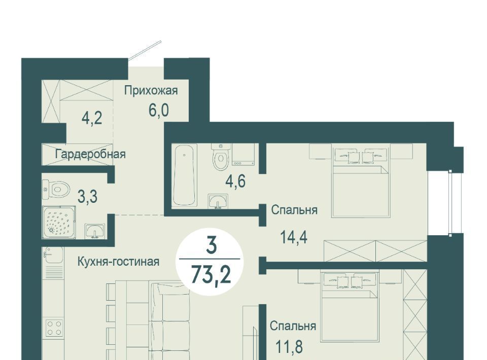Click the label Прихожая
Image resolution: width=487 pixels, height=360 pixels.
click(x=151, y=91)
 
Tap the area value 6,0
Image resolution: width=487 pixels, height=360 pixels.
click(x=159, y=110)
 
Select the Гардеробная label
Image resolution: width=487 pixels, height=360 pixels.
click(x=90, y=154)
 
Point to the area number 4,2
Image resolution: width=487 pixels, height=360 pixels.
click(x=92, y=118)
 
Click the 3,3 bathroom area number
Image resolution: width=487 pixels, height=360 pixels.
click(x=87, y=196)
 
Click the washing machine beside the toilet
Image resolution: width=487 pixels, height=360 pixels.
click(x=243, y=154)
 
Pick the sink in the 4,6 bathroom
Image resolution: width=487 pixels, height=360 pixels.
click(x=218, y=201)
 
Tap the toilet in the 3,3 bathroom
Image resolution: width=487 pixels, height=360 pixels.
click(x=56, y=189)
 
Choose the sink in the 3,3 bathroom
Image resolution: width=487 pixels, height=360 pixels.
click(x=95, y=231)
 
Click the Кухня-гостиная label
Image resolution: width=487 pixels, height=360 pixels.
click(x=118, y=262)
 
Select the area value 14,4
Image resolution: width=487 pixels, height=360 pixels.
click(x=294, y=237)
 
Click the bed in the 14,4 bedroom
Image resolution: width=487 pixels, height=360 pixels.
click(x=361, y=183)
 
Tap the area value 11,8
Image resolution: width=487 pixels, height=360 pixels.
click(x=289, y=347)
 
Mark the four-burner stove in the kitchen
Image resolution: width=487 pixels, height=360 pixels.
click(x=54, y=328)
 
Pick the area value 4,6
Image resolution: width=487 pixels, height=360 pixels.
click(x=235, y=181)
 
